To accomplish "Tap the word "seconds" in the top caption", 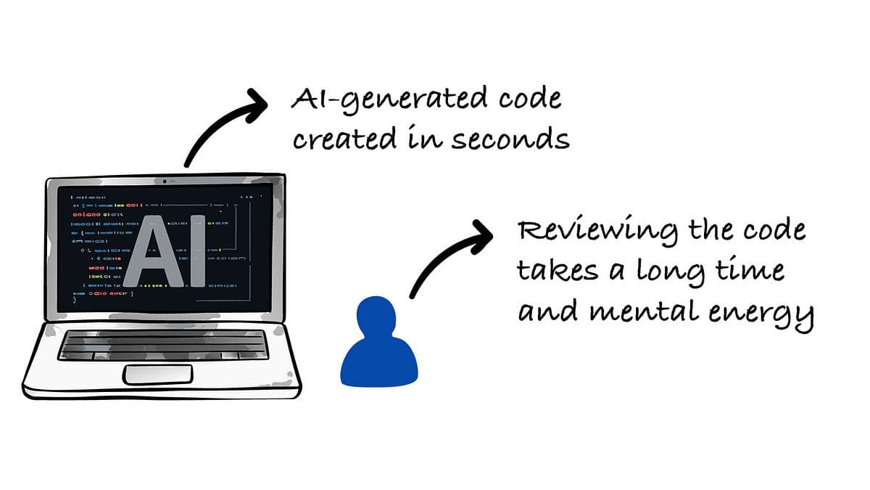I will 510,138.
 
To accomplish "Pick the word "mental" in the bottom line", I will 639,313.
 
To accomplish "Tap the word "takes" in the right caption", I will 558,271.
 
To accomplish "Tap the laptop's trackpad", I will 157,375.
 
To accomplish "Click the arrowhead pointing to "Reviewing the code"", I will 479,236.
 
